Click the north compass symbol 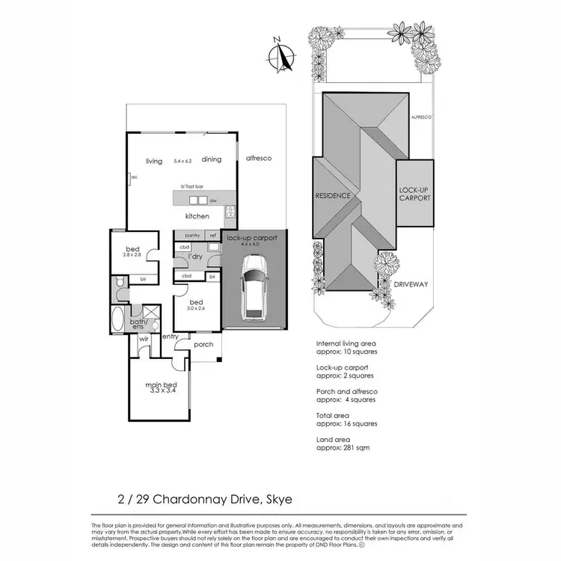pyautogui.click(x=280, y=55)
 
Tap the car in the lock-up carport pyautogui.click(x=254, y=285)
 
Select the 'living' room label pyautogui.click(x=154, y=161)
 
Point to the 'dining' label pyautogui.click(x=212, y=159)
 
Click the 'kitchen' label pyautogui.click(x=197, y=216)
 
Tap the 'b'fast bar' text pyautogui.click(x=192, y=186)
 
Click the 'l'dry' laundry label pyautogui.click(x=195, y=257)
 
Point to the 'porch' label pyautogui.click(x=203, y=345)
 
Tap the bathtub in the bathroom pyautogui.click(x=117, y=320)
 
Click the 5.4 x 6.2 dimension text pyautogui.click(x=183, y=161)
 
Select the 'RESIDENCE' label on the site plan pyautogui.click(x=333, y=195)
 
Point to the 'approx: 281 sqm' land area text pyautogui.click(x=344, y=447)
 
